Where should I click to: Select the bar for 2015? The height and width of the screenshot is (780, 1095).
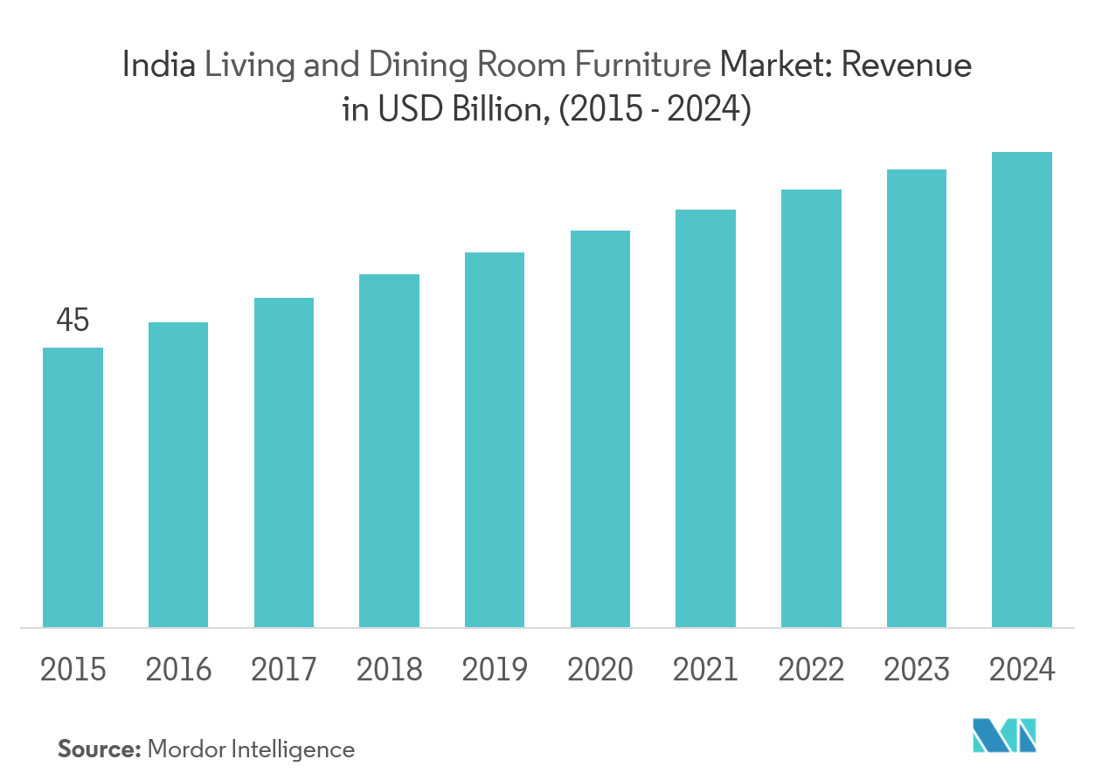pos(73,487)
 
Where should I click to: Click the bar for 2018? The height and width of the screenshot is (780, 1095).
pos(389,450)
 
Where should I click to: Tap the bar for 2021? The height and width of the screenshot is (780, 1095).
pos(705,418)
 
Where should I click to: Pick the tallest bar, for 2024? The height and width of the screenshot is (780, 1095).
pos(1022,389)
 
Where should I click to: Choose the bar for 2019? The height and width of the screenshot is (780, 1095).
pos(495,439)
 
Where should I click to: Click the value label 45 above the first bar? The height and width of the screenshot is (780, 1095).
pos(73,321)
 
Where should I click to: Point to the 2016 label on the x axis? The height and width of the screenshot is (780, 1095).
pos(178,671)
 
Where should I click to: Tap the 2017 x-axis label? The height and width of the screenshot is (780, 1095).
pos(284,671)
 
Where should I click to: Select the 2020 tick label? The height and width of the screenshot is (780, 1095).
pos(600,671)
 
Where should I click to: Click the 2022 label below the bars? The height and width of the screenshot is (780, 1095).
pos(811,671)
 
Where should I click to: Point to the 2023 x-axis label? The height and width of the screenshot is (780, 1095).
pos(917,671)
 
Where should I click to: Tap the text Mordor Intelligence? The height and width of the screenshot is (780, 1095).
pos(252,749)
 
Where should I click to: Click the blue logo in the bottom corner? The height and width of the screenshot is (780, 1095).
pos(1005,735)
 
